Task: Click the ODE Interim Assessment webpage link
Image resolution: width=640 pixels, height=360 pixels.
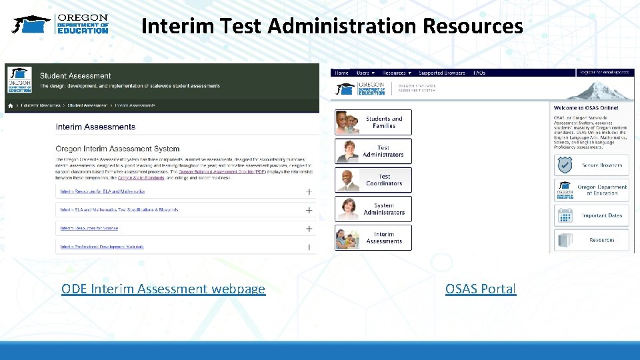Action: click(x=163, y=289)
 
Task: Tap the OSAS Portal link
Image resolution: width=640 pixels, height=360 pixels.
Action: click(x=481, y=289)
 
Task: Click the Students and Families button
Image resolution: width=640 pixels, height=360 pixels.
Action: click(x=373, y=123)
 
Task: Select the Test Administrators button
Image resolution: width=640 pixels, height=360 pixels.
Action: click(x=373, y=151)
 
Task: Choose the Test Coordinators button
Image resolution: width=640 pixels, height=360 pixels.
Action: click(x=373, y=180)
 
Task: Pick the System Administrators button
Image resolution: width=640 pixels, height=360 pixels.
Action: click(x=373, y=209)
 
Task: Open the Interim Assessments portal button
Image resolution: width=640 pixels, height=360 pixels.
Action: click(x=373, y=238)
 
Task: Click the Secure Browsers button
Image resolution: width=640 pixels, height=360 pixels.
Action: click(x=591, y=165)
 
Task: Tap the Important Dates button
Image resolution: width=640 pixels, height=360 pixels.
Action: click(x=591, y=215)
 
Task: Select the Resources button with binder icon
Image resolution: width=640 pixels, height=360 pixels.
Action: click(x=591, y=240)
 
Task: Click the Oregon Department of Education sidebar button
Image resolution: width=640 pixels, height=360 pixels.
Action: click(x=591, y=190)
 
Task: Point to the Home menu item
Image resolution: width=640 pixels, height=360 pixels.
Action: click(x=341, y=73)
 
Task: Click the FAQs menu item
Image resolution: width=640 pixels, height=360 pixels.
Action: click(x=479, y=73)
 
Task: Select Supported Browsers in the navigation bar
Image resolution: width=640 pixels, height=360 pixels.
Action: click(x=442, y=73)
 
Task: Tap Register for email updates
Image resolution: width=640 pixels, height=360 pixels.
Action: click(x=604, y=72)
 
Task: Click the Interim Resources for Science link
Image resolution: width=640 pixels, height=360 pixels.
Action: click(x=89, y=229)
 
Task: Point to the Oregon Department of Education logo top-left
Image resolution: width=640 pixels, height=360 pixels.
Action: click(x=61, y=24)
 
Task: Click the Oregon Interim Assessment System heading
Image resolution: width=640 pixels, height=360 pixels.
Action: click(x=117, y=149)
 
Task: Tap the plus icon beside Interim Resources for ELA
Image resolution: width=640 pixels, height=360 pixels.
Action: click(x=309, y=191)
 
